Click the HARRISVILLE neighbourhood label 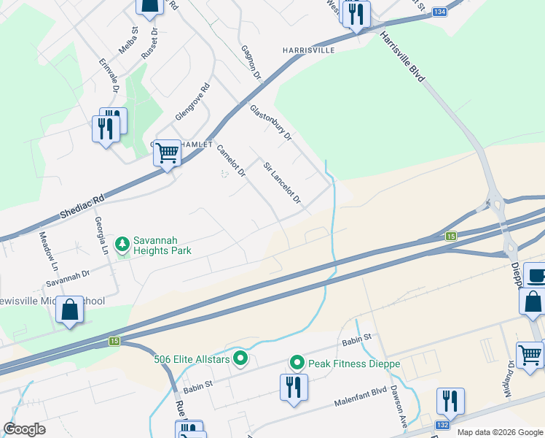point(308,50)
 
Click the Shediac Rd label point(82,207)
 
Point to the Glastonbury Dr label point(270,123)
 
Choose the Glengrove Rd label point(192,102)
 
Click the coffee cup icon point(536,277)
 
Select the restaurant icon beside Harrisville point(356,15)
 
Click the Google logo point(24,429)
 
